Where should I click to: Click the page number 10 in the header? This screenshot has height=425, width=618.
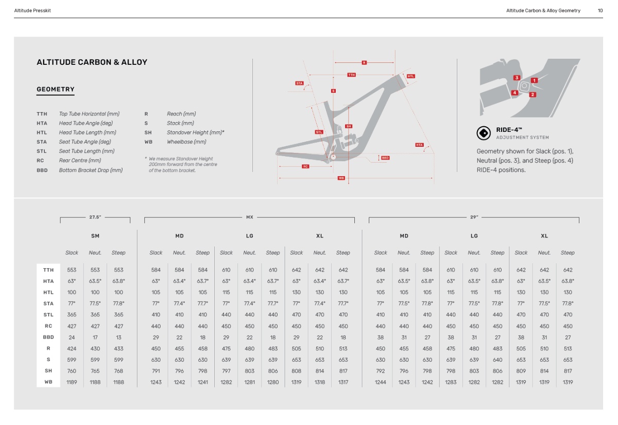tap(600, 10)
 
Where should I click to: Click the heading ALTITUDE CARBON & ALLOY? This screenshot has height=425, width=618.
tap(92, 62)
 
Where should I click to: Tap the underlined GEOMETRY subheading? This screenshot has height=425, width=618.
tap(56, 90)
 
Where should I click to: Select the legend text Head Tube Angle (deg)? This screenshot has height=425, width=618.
tap(85, 123)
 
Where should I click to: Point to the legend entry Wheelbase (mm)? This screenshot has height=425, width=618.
tap(186, 142)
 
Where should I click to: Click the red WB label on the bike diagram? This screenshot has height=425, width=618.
tap(341, 178)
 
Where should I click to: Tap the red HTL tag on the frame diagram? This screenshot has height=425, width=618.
tap(410, 76)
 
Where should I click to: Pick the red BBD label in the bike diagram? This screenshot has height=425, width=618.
tap(385, 158)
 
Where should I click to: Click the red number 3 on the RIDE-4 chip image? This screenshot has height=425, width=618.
tap(517, 78)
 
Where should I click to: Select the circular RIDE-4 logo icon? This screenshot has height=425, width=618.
tap(484, 133)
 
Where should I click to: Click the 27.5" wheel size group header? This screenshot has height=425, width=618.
tap(95, 217)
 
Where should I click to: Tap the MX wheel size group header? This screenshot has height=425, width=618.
tap(249, 217)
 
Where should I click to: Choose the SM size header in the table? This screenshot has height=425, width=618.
tap(95, 236)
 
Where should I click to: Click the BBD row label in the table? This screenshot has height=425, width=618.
tap(48, 337)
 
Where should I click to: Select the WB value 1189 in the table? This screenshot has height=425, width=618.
tap(72, 382)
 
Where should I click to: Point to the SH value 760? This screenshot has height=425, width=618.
tap(72, 371)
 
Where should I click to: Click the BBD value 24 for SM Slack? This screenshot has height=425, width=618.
tap(72, 337)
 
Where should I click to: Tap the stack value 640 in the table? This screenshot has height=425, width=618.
tap(497, 360)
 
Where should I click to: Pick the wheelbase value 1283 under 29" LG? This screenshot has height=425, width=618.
tap(451, 382)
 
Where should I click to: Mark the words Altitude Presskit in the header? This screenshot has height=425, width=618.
tap(32, 10)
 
